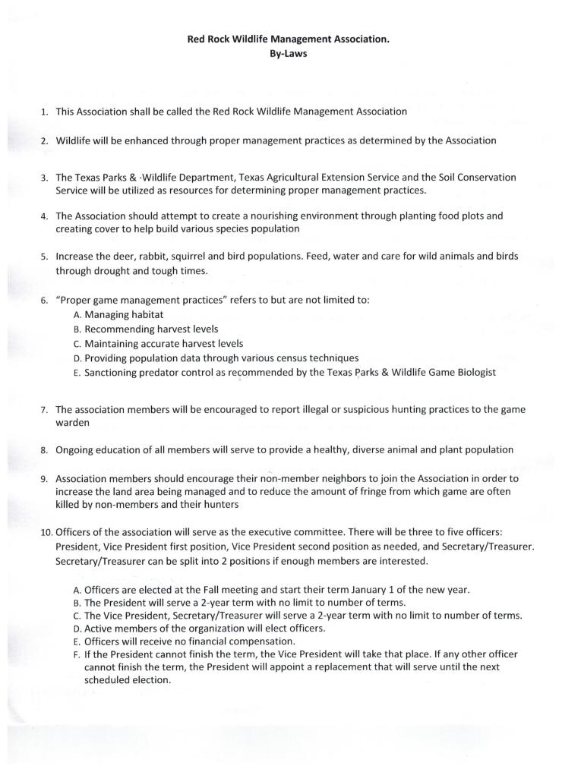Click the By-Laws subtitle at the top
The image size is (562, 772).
click(x=288, y=55)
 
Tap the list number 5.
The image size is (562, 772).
click(x=45, y=257)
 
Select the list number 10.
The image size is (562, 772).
click(x=46, y=532)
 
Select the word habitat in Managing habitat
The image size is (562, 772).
click(x=147, y=314)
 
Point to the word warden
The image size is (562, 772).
click(x=73, y=422)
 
